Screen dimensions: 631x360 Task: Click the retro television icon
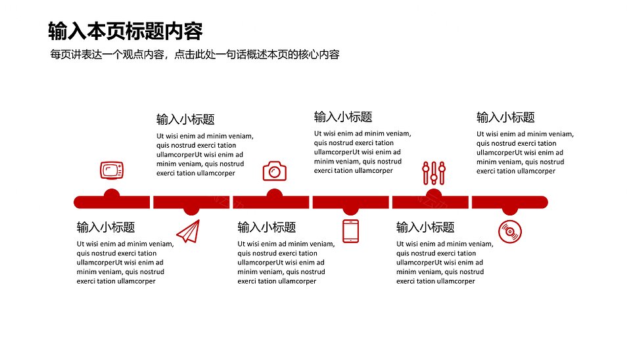pyautogui.click(x=112, y=170)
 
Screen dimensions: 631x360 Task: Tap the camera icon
pyautogui.click(x=275, y=171)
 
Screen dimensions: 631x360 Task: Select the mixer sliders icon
pyautogui.click(x=434, y=173)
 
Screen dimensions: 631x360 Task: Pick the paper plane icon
pyautogui.click(x=189, y=231)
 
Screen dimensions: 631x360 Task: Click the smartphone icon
pyautogui.click(x=350, y=231)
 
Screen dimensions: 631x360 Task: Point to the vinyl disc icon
pyautogui.click(x=510, y=232)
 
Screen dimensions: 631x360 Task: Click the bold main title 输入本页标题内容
pyautogui.click(x=125, y=31)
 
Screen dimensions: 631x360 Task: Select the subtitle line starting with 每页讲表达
pyautogui.click(x=195, y=55)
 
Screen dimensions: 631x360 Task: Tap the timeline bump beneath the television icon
pyautogui.click(x=112, y=192)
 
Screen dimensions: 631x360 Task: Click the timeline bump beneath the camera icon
pyautogui.click(x=274, y=192)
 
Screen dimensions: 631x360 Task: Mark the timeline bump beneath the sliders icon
pyautogui.click(x=433, y=192)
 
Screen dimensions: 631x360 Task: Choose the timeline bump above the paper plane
pyautogui.click(x=191, y=212)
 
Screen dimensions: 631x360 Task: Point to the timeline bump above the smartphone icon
pyautogui.click(x=350, y=212)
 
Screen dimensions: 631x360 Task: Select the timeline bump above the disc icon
pyautogui.click(x=510, y=212)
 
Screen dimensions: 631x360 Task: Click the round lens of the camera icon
pyautogui.click(x=275, y=173)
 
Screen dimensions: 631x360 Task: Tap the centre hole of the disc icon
pyautogui.click(x=510, y=232)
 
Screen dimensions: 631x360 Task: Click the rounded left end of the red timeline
pyautogui.click(x=78, y=202)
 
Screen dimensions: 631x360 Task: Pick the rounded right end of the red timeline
pyautogui.click(x=544, y=202)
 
